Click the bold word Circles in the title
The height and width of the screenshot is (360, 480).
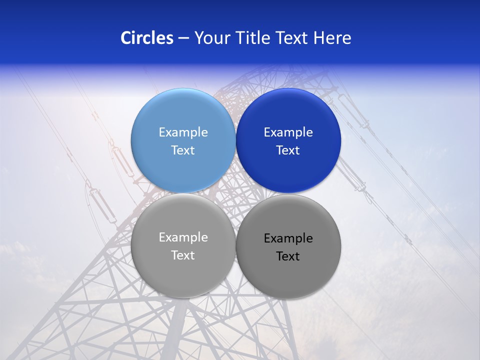click(x=146, y=38)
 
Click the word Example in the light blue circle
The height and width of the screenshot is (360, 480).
click(x=183, y=132)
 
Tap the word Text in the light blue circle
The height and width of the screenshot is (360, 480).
click(x=183, y=150)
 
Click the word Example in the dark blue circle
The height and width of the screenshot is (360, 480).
click(x=288, y=132)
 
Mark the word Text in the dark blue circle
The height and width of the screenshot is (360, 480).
click(x=288, y=150)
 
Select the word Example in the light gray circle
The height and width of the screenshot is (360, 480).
click(x=183, y=237)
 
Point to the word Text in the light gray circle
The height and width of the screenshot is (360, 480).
click(x=183, y=255)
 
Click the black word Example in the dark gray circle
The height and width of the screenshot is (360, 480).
click(x=288, y=238)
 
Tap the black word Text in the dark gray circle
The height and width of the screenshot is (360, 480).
click(x=288, y=256)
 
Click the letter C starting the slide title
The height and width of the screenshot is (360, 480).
click(x=125, y=38)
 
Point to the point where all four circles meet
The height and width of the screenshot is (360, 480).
click(x=235, y=193)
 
